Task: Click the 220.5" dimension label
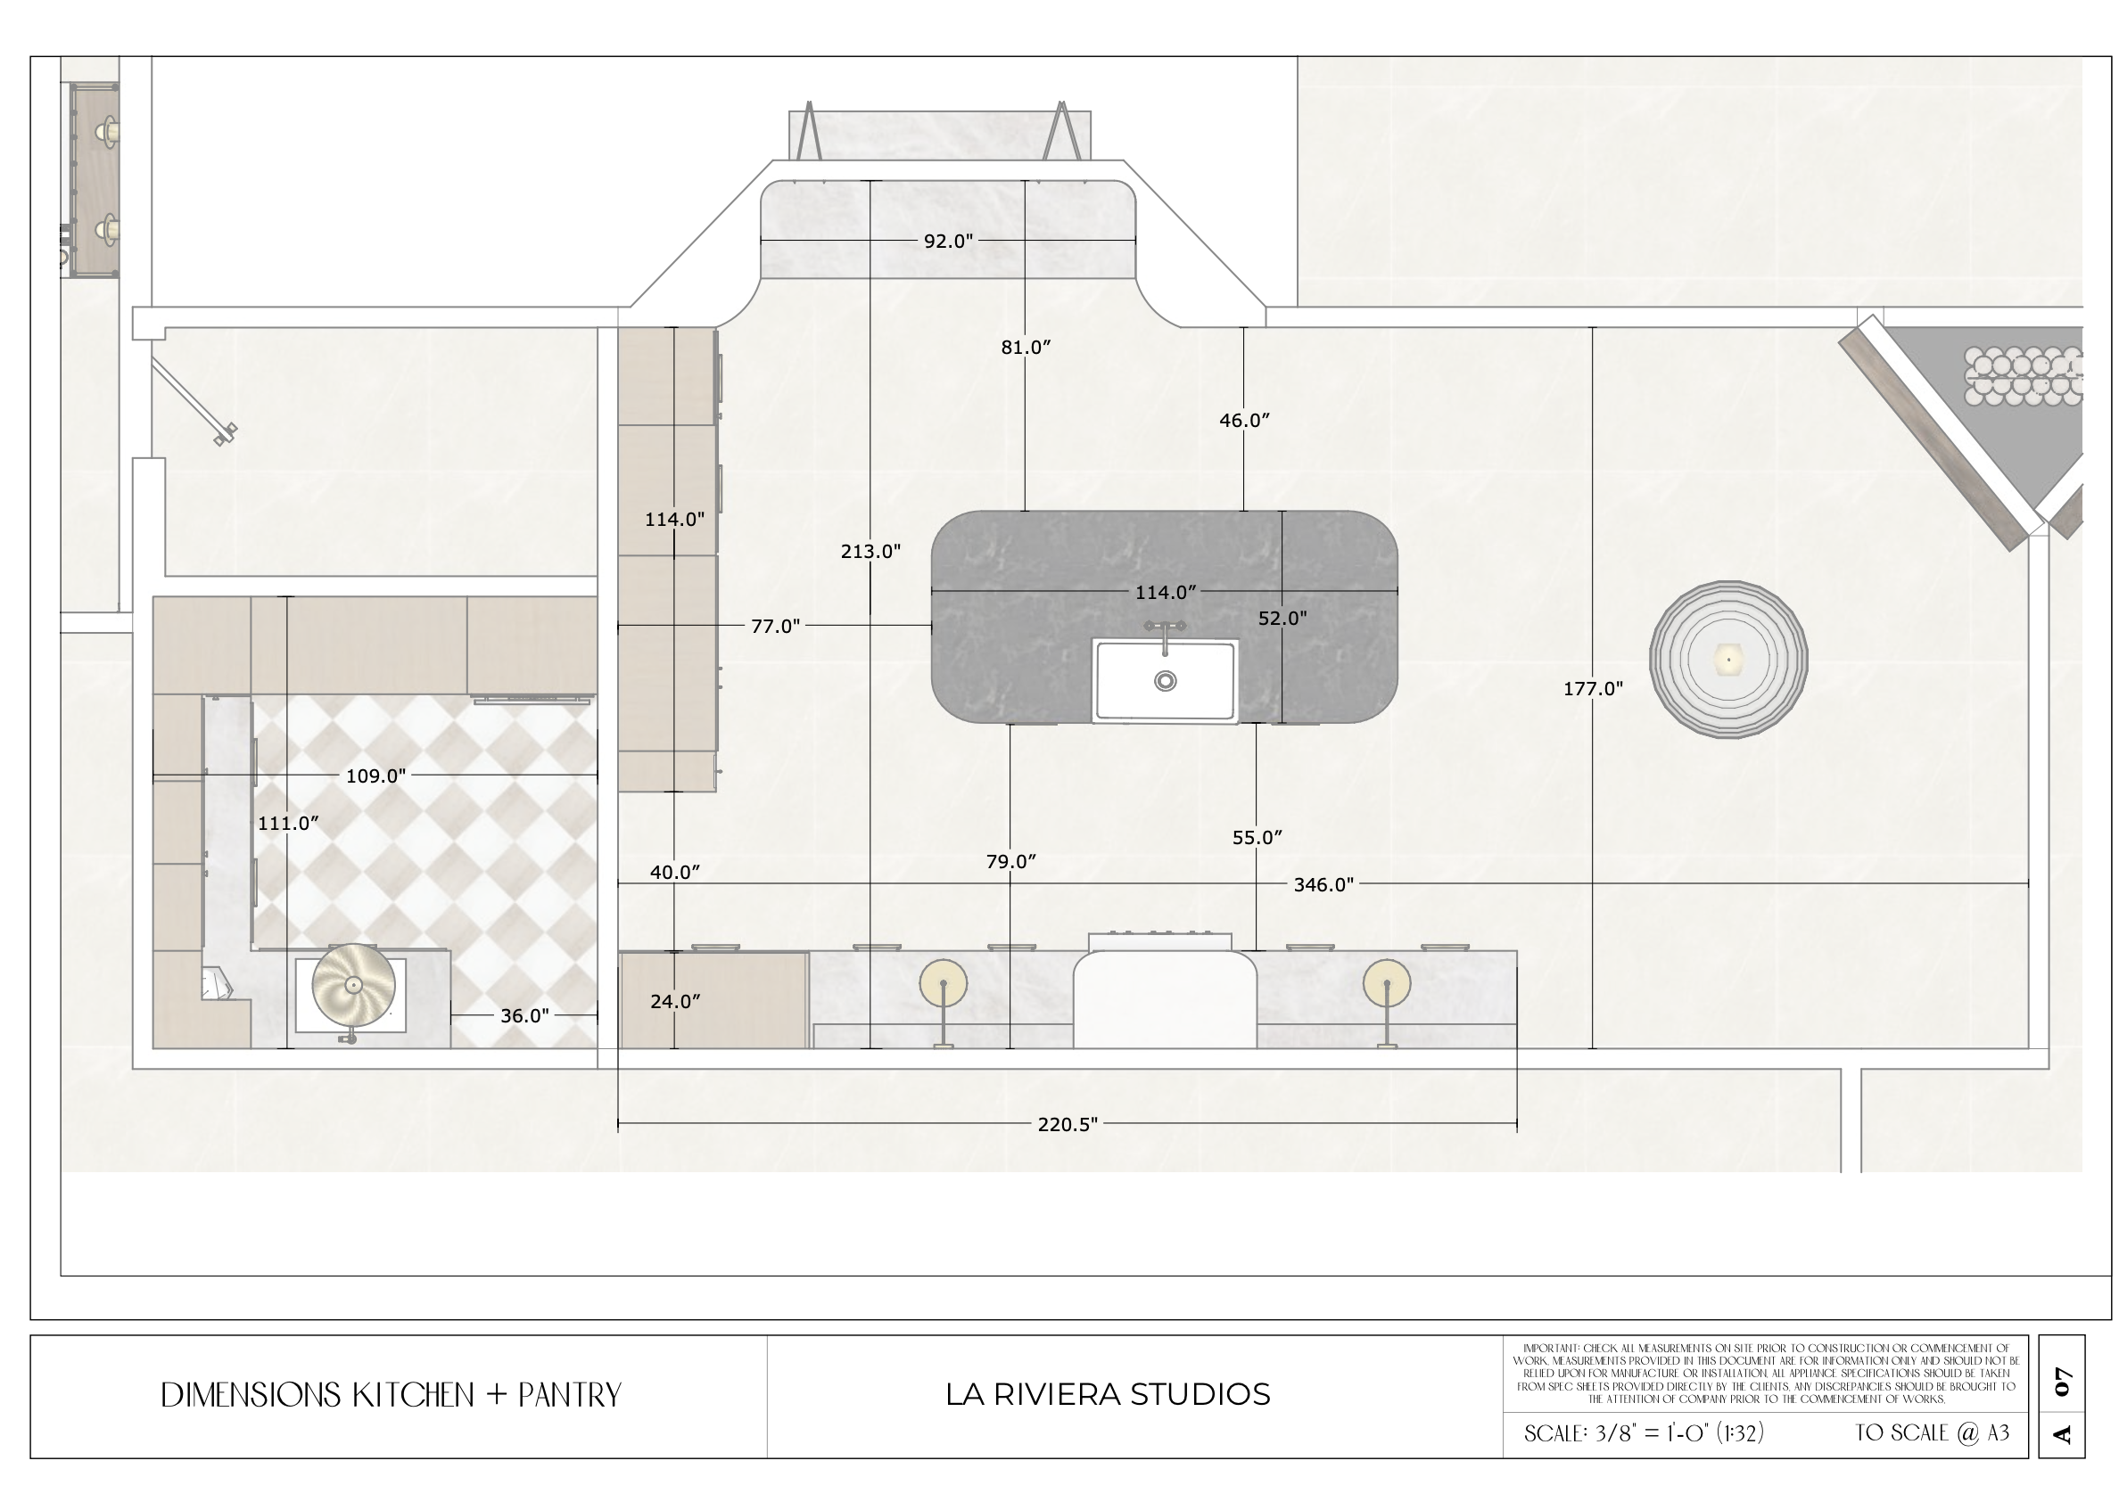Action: point(1067,1124)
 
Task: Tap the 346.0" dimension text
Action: point(1323,884)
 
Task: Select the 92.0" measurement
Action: point(948,241)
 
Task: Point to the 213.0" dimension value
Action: point(870,552)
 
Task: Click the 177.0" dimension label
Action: point(1593,689)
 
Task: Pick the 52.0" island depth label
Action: point(1282,618)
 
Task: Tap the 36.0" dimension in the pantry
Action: point(524,1016)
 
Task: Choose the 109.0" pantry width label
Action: point(375,776)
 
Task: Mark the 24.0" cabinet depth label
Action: point(675,1001)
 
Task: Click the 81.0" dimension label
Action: point(1026,347)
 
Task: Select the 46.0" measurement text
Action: point(1245,420)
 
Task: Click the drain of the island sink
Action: point(1165,681)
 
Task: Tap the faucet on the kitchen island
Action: point(1165,633)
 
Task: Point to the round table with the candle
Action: point(1728,660)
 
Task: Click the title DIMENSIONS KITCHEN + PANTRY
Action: point(391,1395)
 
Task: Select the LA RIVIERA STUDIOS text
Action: point(1108,1394)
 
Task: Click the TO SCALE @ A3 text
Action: point(1932,1432)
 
